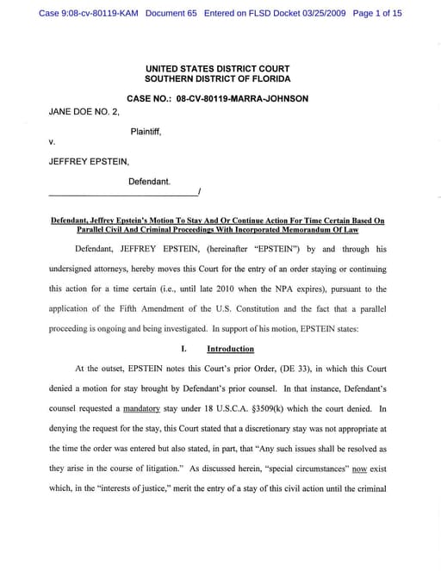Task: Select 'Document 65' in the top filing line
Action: pyautogui.click(x=171, y=14)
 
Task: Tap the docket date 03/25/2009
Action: pyautogui.click(x=307, y=14)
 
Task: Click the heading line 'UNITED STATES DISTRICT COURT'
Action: pyautogui.click(x=217, y=69)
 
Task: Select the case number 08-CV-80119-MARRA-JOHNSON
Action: pyautogui.click(x=242, y=99)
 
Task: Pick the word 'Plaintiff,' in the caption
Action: pyautogui.click(x=146, y=132)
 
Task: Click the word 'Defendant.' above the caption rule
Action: pyautogui.click(x=149, y=182)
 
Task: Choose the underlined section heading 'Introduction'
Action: pyautogui.click(x=230, y=349)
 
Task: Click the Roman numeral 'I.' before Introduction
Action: pyautogui.click(x=184, y=349)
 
